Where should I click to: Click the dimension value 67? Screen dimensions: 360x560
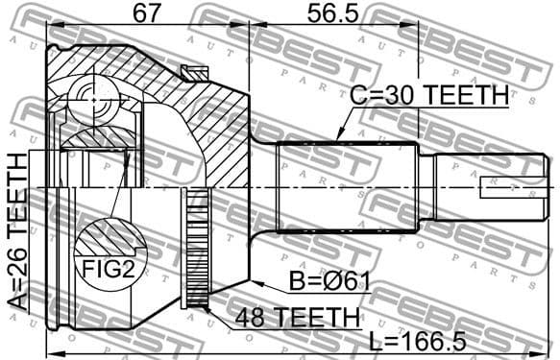[x=147, y=14]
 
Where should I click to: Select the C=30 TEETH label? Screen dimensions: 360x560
[x=427, y=96]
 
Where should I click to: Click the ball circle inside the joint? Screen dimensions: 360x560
[x=92, y=94]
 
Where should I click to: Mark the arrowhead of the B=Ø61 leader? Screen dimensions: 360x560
[x=252, y=279]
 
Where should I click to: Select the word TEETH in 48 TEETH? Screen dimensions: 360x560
[x=316, y=316]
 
